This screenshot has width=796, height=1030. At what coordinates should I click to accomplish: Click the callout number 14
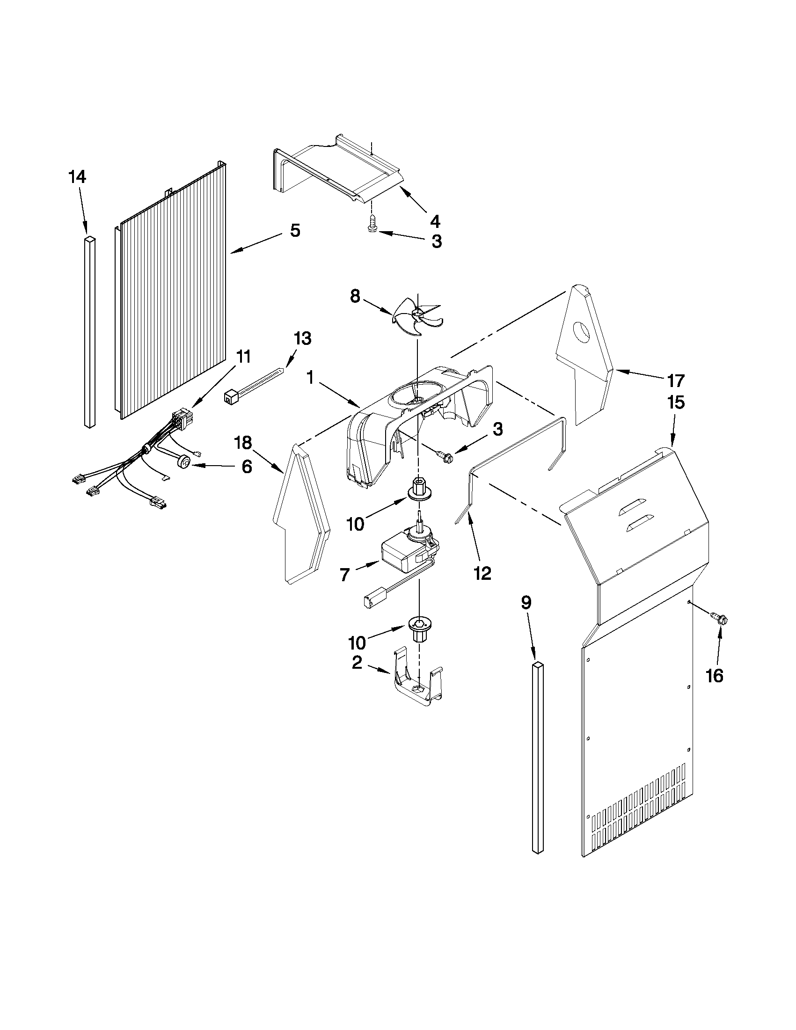coord(77,177)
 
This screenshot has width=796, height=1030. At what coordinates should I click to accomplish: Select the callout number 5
coord(295,231)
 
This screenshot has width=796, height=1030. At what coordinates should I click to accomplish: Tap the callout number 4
coord(435,220)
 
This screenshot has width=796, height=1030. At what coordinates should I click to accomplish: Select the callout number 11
coord(243,357)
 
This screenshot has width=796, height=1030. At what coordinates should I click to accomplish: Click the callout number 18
coord(244,443)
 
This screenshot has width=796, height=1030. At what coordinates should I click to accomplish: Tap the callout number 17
coord(675,380)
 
